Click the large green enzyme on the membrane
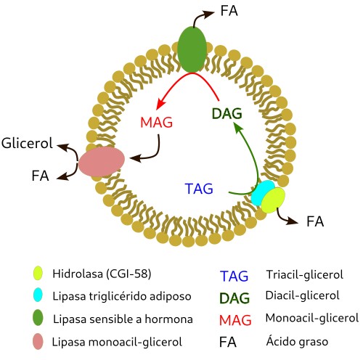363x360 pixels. (x=192, y=49)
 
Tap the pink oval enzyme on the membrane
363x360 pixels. (x=102, y=162)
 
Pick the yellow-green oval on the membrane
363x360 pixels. (x=273, y=200)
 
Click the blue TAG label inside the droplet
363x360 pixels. (x=199, y=189)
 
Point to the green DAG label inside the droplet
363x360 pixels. (x=227, y=113)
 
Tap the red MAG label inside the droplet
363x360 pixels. (x=157, y=122)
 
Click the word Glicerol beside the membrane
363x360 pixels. (x=27, y=143)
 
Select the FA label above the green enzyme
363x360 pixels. (x=229, y=11)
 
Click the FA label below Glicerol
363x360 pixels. (x=40, y=176)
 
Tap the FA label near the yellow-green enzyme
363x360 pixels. (x=315, y=221)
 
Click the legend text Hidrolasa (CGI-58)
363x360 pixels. (x=102, y=274)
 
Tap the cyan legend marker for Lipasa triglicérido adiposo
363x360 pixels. (x=38, y=295)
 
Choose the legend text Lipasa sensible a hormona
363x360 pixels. (x=123, y=319)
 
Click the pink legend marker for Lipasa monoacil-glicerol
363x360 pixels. (x=38, y=341)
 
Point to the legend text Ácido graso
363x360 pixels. (x=297, y=341)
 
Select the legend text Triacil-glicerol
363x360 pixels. (x=305, y=274)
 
